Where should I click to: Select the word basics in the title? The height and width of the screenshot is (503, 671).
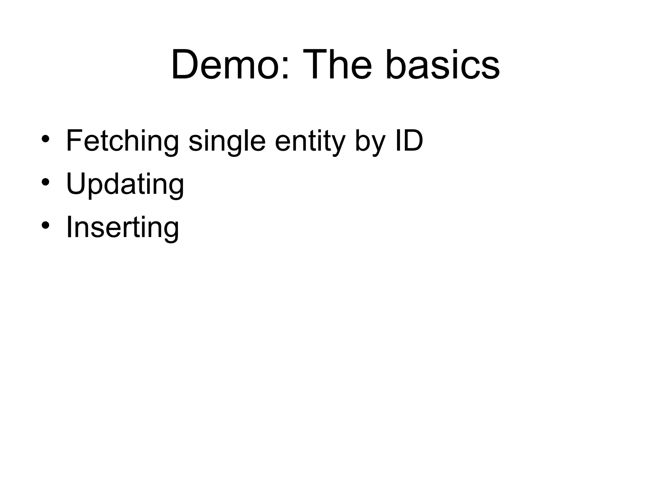[x=442, y=65]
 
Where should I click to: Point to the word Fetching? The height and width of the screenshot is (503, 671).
[x=122, y=141]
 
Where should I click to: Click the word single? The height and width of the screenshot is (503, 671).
[x=227, y=141]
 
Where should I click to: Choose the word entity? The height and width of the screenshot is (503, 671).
[x=310, y=141]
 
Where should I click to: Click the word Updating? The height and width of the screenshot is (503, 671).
[x=125, y=184]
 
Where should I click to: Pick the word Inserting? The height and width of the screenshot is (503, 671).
[x=122, y=228]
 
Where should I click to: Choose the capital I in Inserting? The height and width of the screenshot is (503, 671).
[x=69, y=226]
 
